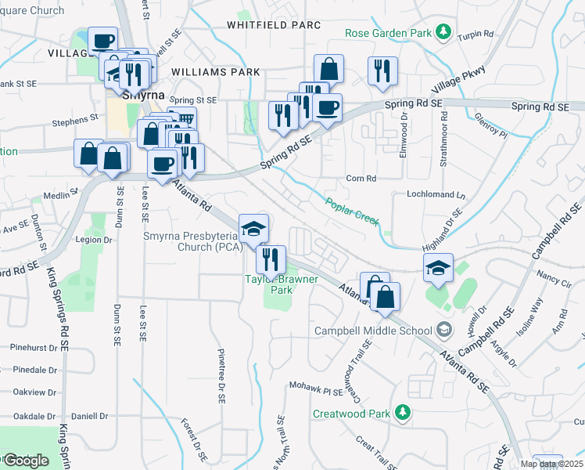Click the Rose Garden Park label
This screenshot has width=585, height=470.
(x=389, y=34)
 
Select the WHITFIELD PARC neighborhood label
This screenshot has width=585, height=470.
(x=274, y=25)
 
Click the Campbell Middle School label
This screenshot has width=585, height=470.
(x=374, y=330)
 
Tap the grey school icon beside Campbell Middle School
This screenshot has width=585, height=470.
(x=444, y=329)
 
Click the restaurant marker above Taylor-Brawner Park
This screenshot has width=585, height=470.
(x=271, y=258)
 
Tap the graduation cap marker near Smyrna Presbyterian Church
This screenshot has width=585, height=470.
(x=253, y=228)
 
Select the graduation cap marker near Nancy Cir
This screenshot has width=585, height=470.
(x=439, y=267)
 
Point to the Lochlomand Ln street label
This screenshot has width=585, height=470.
(x=435, y=193)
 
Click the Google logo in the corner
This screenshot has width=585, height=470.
(x=25, y=461)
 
